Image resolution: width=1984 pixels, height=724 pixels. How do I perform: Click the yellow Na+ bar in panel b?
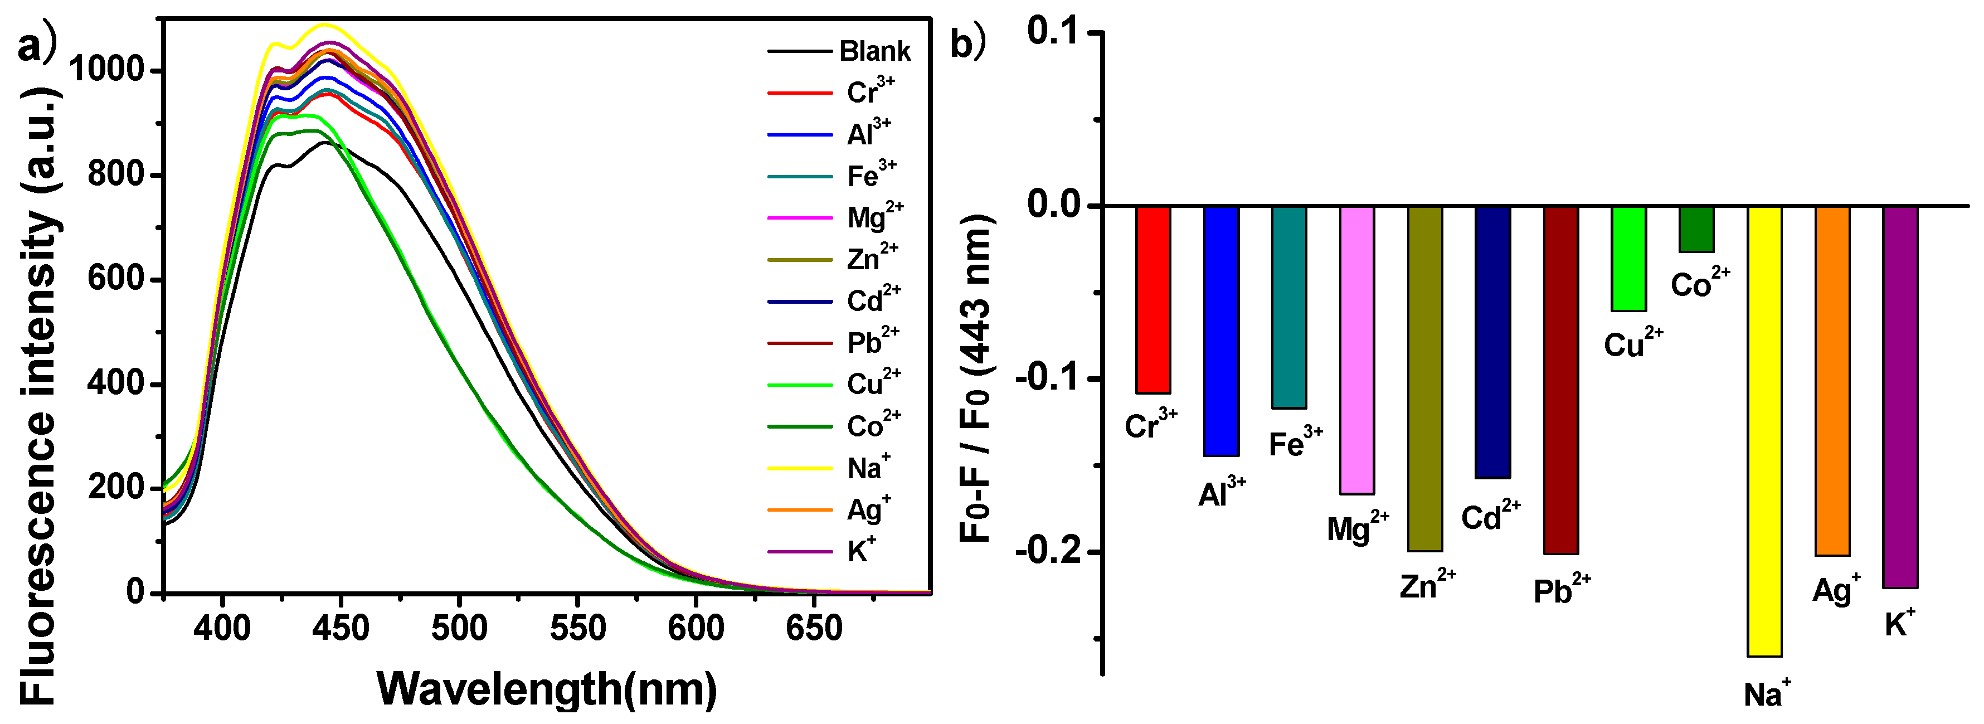tap(1764, 431)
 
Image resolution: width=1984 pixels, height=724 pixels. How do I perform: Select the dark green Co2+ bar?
tap(1696, 229)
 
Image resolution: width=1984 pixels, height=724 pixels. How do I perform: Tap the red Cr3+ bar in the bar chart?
tap(1153, 300)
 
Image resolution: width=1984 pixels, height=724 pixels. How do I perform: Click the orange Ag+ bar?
tap(1832, 381)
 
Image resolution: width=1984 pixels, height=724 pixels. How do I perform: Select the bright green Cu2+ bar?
tap(1628, 259)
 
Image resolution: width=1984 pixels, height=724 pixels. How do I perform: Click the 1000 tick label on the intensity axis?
tap(106, 70)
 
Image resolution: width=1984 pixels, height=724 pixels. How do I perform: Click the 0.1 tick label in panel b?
tap(1061, 32)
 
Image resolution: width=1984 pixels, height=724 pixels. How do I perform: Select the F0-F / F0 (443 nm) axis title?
tap(976, 377)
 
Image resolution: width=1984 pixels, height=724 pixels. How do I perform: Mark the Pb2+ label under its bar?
tap(1561, 591)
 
